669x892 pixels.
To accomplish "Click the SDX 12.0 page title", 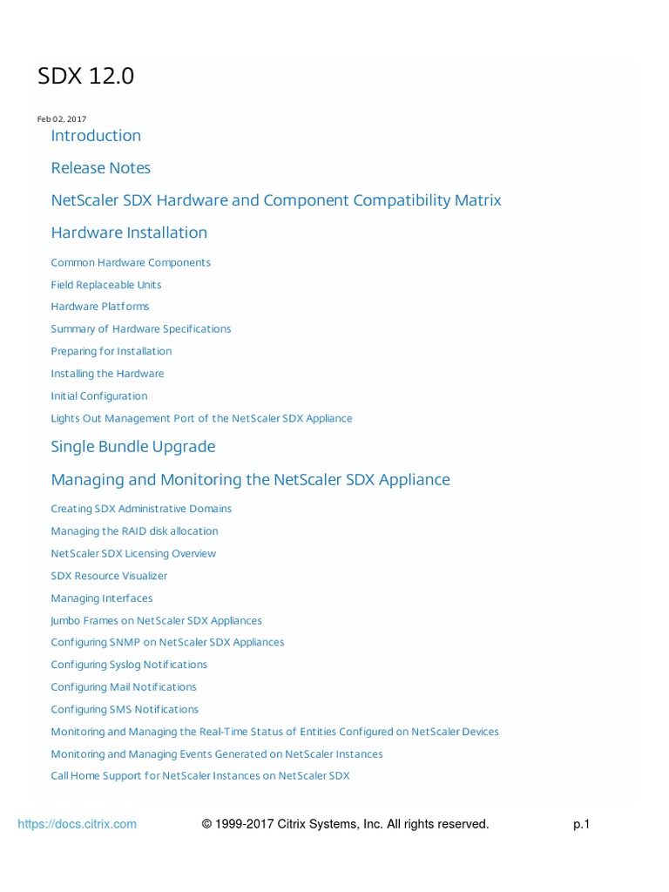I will tap(86, 77).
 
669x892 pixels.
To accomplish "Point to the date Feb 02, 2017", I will tap(62, 118).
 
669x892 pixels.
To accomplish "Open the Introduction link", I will tap(96, 135).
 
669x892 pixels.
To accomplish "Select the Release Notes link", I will tap(100, 167).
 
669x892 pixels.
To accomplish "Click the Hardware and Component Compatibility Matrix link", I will tap(276, 200).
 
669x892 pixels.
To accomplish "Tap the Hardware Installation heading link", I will tap(129, 233).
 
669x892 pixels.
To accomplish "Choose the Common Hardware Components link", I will tap(131, 262).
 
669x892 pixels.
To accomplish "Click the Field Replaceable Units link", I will tap(106, 285).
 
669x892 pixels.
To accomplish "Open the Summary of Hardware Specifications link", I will tap(141, 329).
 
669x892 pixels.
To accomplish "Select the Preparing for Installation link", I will tap(111, 351).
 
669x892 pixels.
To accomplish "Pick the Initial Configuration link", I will tap(99, 395).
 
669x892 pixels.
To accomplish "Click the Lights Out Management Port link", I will tap(201, 418).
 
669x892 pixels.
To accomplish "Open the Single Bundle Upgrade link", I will tap(133, 446).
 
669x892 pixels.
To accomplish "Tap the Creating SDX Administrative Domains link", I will tap(141, 509).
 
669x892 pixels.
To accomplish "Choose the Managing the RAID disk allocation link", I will tap(134, 531).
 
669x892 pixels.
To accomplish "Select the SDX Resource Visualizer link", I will tap(109, 576).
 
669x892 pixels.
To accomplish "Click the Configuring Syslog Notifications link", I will tap(129, 665).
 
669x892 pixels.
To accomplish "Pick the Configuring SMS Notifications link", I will tap(125, 709).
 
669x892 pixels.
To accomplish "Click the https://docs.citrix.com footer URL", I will tap(78, 824).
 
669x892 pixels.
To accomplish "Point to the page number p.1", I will tap(581, 824).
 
